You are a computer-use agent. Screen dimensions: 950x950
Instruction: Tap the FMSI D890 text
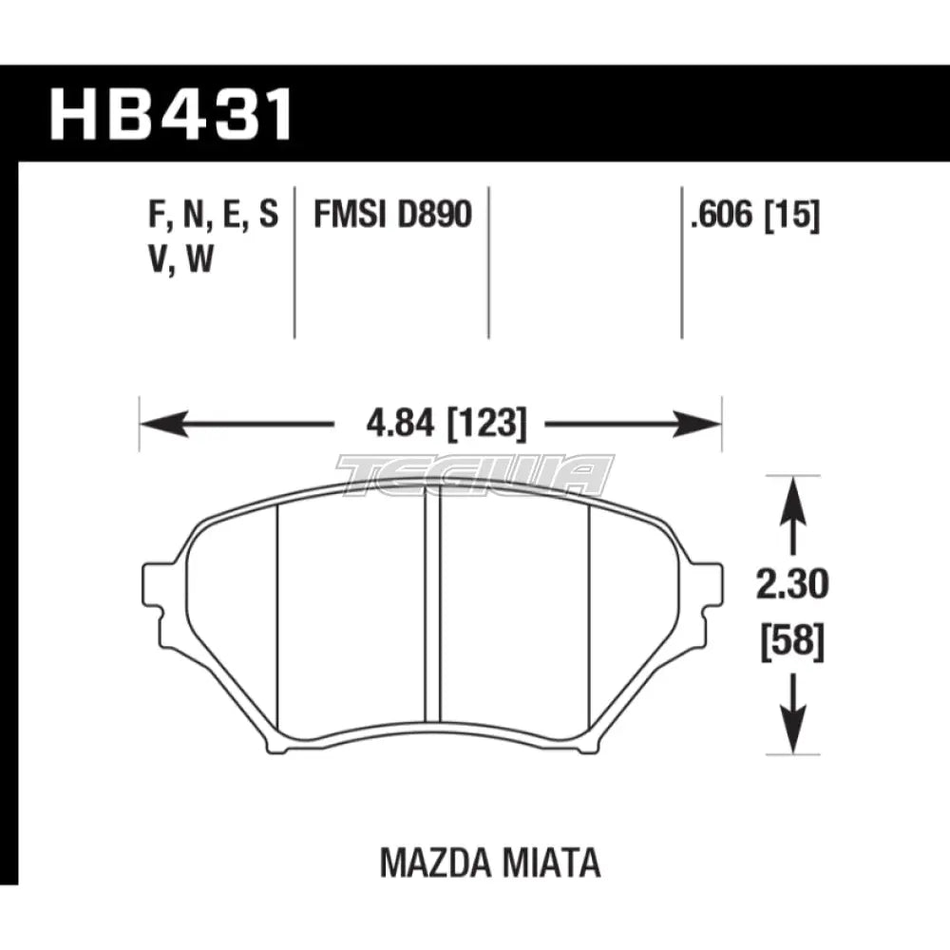[x=392, y=216]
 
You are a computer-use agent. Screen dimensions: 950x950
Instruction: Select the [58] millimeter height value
[x=792, y=643]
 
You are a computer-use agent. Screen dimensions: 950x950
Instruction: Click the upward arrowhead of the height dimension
[x=792, y=494]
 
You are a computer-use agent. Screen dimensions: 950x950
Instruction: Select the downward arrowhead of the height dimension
[x=792, y=736]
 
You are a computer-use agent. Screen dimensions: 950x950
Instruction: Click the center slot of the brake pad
[x=433, y=608]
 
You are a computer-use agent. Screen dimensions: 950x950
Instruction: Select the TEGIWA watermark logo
[x=475, y=475]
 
